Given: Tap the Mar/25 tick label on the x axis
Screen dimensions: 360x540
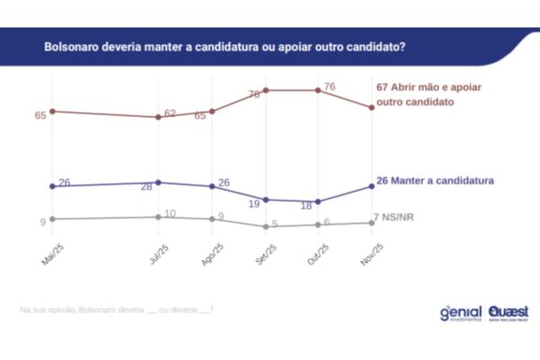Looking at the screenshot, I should pos(49,256).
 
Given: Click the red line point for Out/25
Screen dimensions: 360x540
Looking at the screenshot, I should pos(319,90).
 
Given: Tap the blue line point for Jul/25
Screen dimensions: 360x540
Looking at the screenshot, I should pos(158,183).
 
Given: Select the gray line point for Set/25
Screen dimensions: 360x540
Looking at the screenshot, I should pos(266,227).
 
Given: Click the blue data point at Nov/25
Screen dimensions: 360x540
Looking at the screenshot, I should pos(372,186).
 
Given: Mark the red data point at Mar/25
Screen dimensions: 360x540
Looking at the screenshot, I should pos(53,111).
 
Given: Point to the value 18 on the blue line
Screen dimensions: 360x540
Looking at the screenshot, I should pos(306,206).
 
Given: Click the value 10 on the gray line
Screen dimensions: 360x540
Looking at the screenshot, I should pos(169,213).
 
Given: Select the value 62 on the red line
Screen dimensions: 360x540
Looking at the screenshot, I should pos(170,113).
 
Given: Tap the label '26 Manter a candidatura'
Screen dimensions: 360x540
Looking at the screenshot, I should pos(436,181).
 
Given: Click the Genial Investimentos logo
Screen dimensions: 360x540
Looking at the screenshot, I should pos(461,313).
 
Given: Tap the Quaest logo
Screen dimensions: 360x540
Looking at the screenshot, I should pos(509,312).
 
